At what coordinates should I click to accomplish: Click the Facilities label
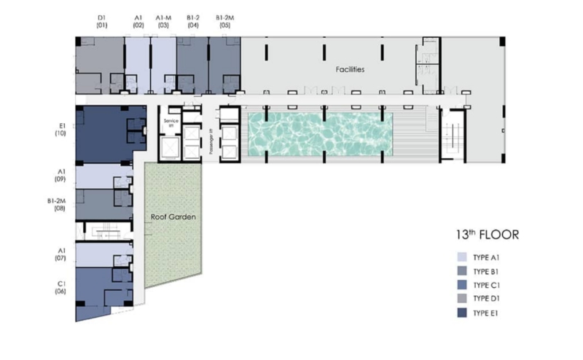pyautogui.click(x=350, y=69)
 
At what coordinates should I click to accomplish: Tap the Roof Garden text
pyautogui.click(x=173, y=217)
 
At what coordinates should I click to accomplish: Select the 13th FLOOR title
pyautogui.click(x=487, y=235)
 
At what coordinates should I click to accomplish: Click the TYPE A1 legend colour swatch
pyautogui.click(x=462, y=257)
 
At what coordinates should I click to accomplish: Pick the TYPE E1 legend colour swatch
pyautogui.click(x=462, y=313)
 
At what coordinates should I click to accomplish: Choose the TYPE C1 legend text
pyautogui.click(x=486, y=285)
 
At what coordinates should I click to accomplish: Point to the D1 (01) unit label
pyautogui.click(x=102, y=22)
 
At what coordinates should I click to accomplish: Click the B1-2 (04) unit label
pyautogui.click(x=193, y=22)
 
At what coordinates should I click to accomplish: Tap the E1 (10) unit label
pyautogui.click(x=60, y=130)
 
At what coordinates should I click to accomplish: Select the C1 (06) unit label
pyautogui.click(x=60, y=287)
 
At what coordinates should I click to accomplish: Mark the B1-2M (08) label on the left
pyautogui.click(x=57, y=205)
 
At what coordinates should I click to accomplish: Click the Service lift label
pyautogui.click(x=171, y=123)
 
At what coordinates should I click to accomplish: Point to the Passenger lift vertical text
pyautogui.click(x=211, y=141)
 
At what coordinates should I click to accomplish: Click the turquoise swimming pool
pyautogui.click(x=320, y=134)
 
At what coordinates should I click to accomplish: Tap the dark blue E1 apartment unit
pyautogui.click(x=111, y=135)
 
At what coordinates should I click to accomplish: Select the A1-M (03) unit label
pyautogui.click(x=163, y=22)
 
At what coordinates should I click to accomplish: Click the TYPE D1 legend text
pyautogui.click(x=486, y=299)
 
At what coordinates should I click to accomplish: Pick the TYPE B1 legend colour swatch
pyautogui.click(x=462, y=271)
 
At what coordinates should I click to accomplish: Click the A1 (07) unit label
pyautogui.click(x=61, y=254)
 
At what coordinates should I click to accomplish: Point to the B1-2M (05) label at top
pyautogui.click(x=225, y=22)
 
